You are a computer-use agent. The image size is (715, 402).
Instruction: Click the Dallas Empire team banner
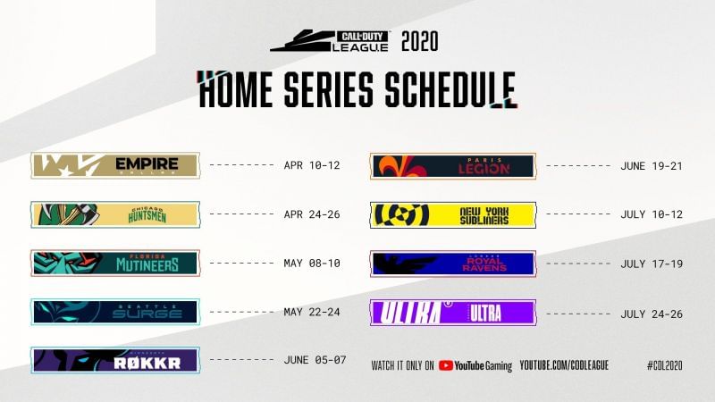point(115,165)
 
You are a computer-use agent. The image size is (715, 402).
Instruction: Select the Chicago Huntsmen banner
point(115,214)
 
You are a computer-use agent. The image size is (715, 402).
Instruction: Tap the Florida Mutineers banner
point(115,263)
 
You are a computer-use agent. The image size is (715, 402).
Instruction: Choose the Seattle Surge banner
point(115,312)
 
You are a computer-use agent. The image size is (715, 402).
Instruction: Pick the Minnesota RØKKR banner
point(115,360)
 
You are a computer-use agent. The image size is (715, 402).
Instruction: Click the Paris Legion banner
point(453,165)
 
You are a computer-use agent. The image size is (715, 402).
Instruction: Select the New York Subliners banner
point(453,214)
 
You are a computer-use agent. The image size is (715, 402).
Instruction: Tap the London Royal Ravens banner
point(453,264)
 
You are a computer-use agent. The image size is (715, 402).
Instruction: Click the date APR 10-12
point(312,165)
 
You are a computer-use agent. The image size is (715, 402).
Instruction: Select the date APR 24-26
point(312,214)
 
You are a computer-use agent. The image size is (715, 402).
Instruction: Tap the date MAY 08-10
point(312,264)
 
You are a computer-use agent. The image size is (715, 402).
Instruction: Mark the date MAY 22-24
point(312,312)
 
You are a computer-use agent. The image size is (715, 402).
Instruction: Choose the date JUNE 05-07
point(315,360)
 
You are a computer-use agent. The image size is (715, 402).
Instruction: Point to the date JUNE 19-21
point(652,165)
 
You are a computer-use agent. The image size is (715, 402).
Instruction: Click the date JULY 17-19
point(652,264)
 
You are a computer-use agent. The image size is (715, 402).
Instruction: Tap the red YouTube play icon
point(445,364)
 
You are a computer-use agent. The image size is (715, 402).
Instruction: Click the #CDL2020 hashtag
point(665,364)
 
